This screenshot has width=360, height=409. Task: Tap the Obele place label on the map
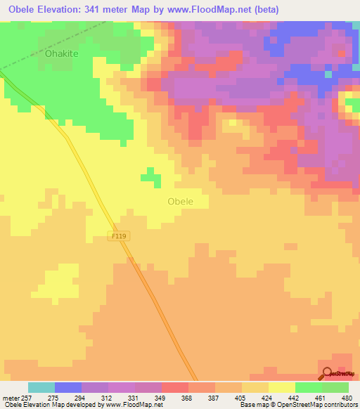coord(181,201)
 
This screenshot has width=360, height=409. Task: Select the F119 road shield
coord(118,238)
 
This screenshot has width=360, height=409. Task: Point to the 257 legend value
coord(25,397)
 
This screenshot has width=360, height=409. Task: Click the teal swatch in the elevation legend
coord(41,387)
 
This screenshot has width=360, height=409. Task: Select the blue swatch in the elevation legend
coord(67,387)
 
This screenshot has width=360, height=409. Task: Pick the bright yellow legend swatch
coord(281,387)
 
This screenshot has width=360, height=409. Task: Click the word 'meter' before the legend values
coord(9,397)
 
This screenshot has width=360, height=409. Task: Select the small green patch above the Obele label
coord(148,175)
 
